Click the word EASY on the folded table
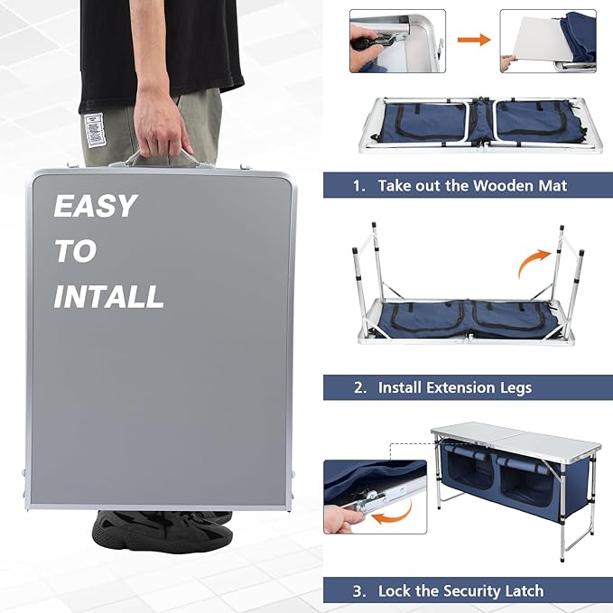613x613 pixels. tap(95, 207)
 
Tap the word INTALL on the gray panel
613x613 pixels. tap(108, 296)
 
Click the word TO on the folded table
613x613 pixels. tap(75, 252)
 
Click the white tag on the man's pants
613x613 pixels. tap(91, 127)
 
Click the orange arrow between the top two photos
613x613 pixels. tap(468, 40)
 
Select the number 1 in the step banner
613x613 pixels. tap(358, 186)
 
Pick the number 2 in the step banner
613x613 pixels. tap(359, 388)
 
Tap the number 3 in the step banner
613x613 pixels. tap(359, 591)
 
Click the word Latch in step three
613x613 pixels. tap(523, 591)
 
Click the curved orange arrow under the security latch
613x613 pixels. tap(390, 515)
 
